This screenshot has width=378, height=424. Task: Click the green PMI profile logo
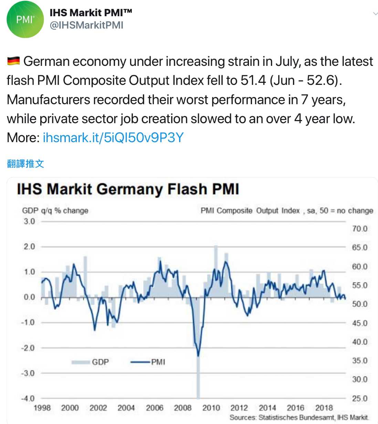pos(25,20)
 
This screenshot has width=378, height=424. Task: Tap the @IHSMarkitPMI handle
pos(86,25)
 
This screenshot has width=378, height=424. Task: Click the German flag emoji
pos(13,61)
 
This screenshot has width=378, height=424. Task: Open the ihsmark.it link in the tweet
pos(113,138)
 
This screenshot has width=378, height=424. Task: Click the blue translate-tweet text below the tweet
pos(25,164)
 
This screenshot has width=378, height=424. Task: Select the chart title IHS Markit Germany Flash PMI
pos(128,189)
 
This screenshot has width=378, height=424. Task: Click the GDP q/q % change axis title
pos(55,210)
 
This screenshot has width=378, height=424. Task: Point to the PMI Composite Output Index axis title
pos(287,210)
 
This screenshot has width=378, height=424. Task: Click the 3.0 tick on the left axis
pos(29,221)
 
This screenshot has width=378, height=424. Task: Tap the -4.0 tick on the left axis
pos(28,398)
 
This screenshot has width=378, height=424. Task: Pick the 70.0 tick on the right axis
pos(360,229)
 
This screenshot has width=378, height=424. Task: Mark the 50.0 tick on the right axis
pos(360,304)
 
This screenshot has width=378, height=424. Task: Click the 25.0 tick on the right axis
pos(360,398)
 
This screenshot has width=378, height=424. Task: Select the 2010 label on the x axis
pos(211,408)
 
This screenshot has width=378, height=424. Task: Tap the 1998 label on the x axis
pos(42,408)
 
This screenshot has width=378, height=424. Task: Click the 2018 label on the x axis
pos(324,408)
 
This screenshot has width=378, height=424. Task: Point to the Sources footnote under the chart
pos(299,417)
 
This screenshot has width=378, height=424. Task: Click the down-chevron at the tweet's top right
pos(375,14)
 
